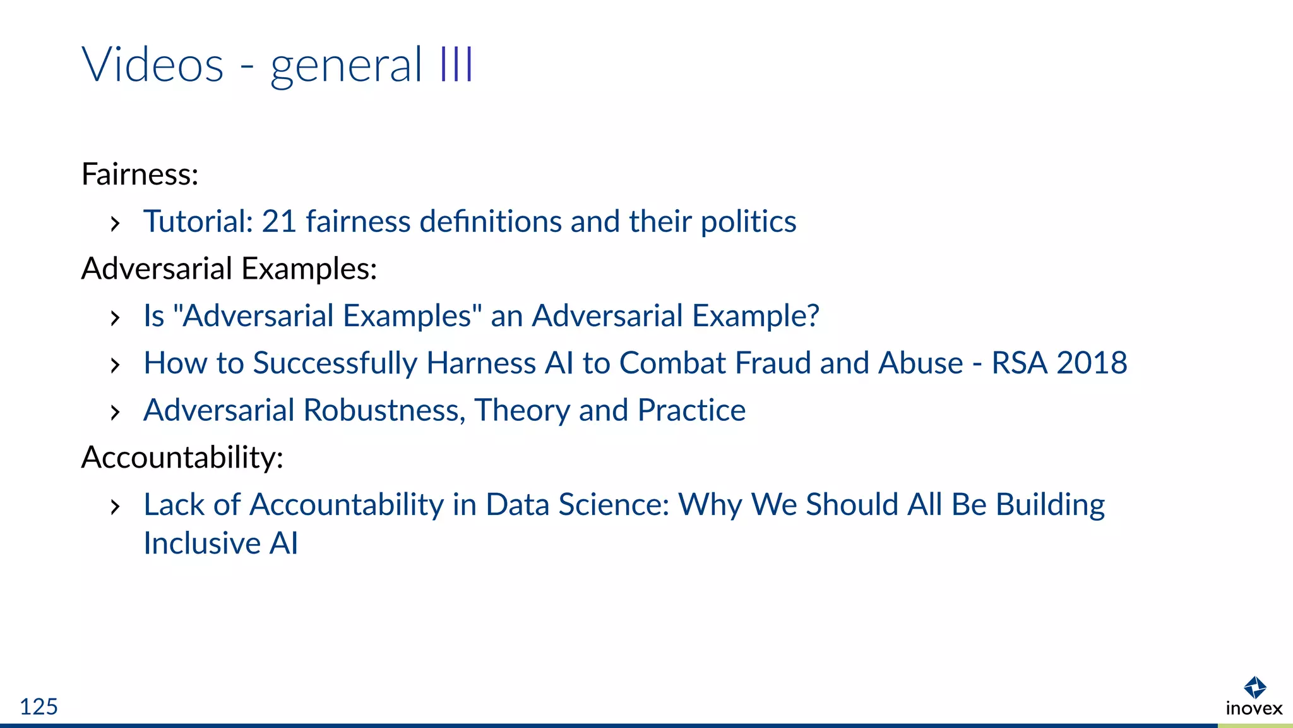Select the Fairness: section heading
point(140,174)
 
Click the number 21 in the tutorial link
point(278,222)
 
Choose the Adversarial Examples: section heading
point(229,269)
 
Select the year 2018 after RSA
point(1092,363)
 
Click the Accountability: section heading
point(182,458)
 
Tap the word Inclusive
point(202,543)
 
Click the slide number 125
point(39,707)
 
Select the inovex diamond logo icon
point(1254,688)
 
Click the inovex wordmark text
point(1254,708)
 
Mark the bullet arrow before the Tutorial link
point(115,223)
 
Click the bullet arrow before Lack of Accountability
point(115,506)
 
